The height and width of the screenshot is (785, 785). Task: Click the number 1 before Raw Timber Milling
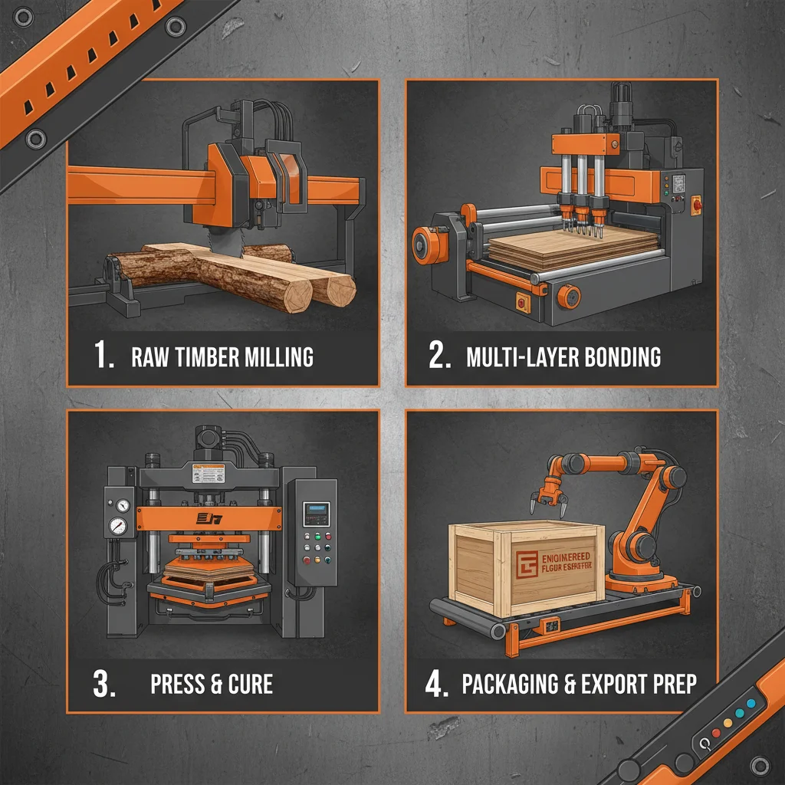[x=103, y=356]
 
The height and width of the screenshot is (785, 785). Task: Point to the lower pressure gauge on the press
[x=117, y=526]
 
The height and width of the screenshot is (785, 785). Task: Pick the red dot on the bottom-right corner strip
[x=716, y=733]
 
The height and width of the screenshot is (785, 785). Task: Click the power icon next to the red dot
[x=701, y=743]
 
